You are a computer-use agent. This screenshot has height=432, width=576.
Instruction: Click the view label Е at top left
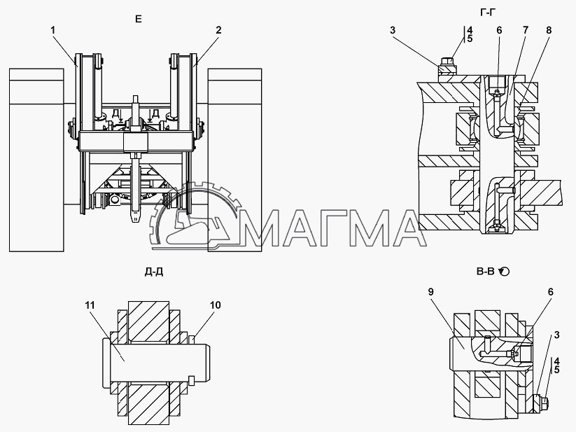[x=138, y=19]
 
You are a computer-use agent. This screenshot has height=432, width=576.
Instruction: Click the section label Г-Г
[x=488, y=13]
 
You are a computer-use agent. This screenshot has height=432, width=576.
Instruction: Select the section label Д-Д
[x=154, y=272]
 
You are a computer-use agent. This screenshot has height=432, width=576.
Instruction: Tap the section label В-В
[x=485, y=272]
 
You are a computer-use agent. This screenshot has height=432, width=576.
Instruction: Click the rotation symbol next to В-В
[x=505, y=272]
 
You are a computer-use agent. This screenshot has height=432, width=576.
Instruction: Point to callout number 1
[x=53, y=29]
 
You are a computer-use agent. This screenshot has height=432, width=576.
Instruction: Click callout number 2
[x=218, y=29]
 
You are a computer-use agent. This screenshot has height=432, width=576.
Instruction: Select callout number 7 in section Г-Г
[x=526, y=29]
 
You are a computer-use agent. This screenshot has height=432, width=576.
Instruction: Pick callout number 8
[x=549, y=29]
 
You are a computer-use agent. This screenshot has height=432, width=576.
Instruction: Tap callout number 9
[x=430, y=292]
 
